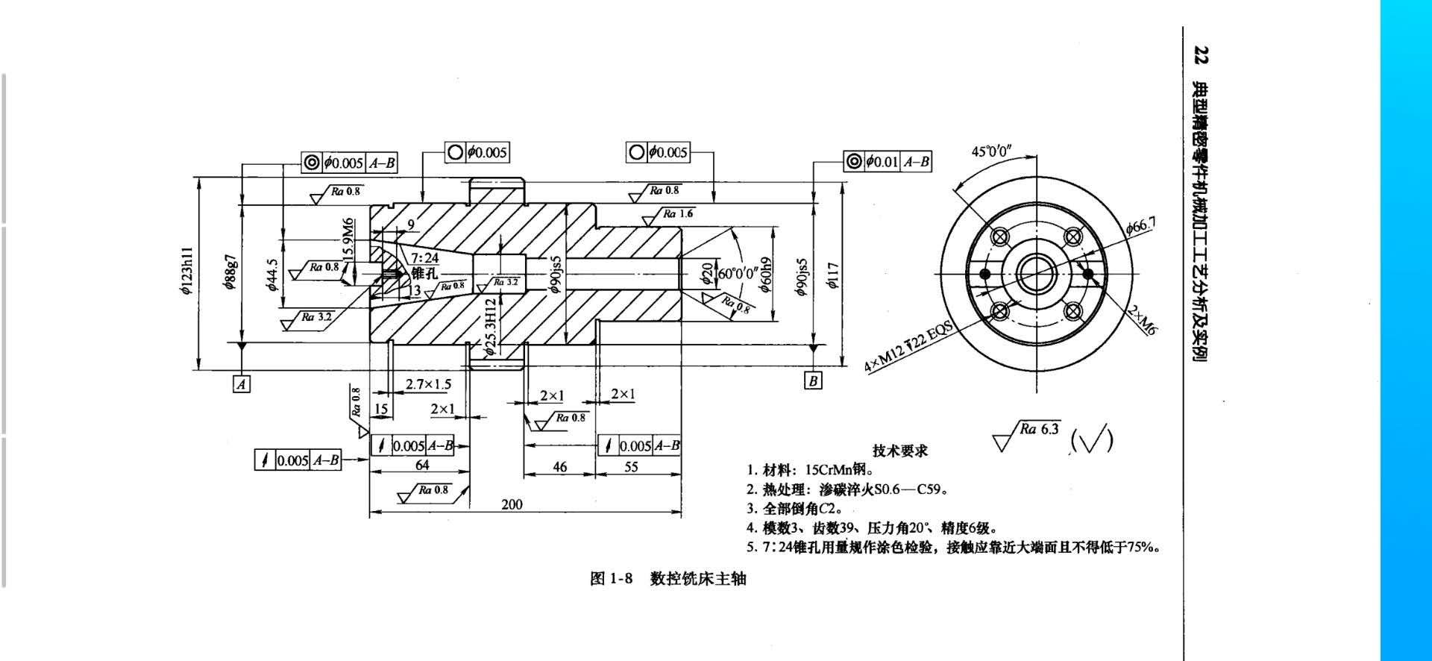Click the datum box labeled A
241,384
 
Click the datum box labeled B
813,381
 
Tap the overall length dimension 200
512,504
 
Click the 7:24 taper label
425,258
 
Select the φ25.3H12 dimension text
490,327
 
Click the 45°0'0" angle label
991,151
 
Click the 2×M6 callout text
1142,320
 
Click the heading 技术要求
900,451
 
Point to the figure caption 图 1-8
611,579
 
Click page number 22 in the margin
1201,55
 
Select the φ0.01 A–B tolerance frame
888,161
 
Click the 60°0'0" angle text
738,273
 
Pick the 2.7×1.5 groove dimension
428,384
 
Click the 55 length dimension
631,467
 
